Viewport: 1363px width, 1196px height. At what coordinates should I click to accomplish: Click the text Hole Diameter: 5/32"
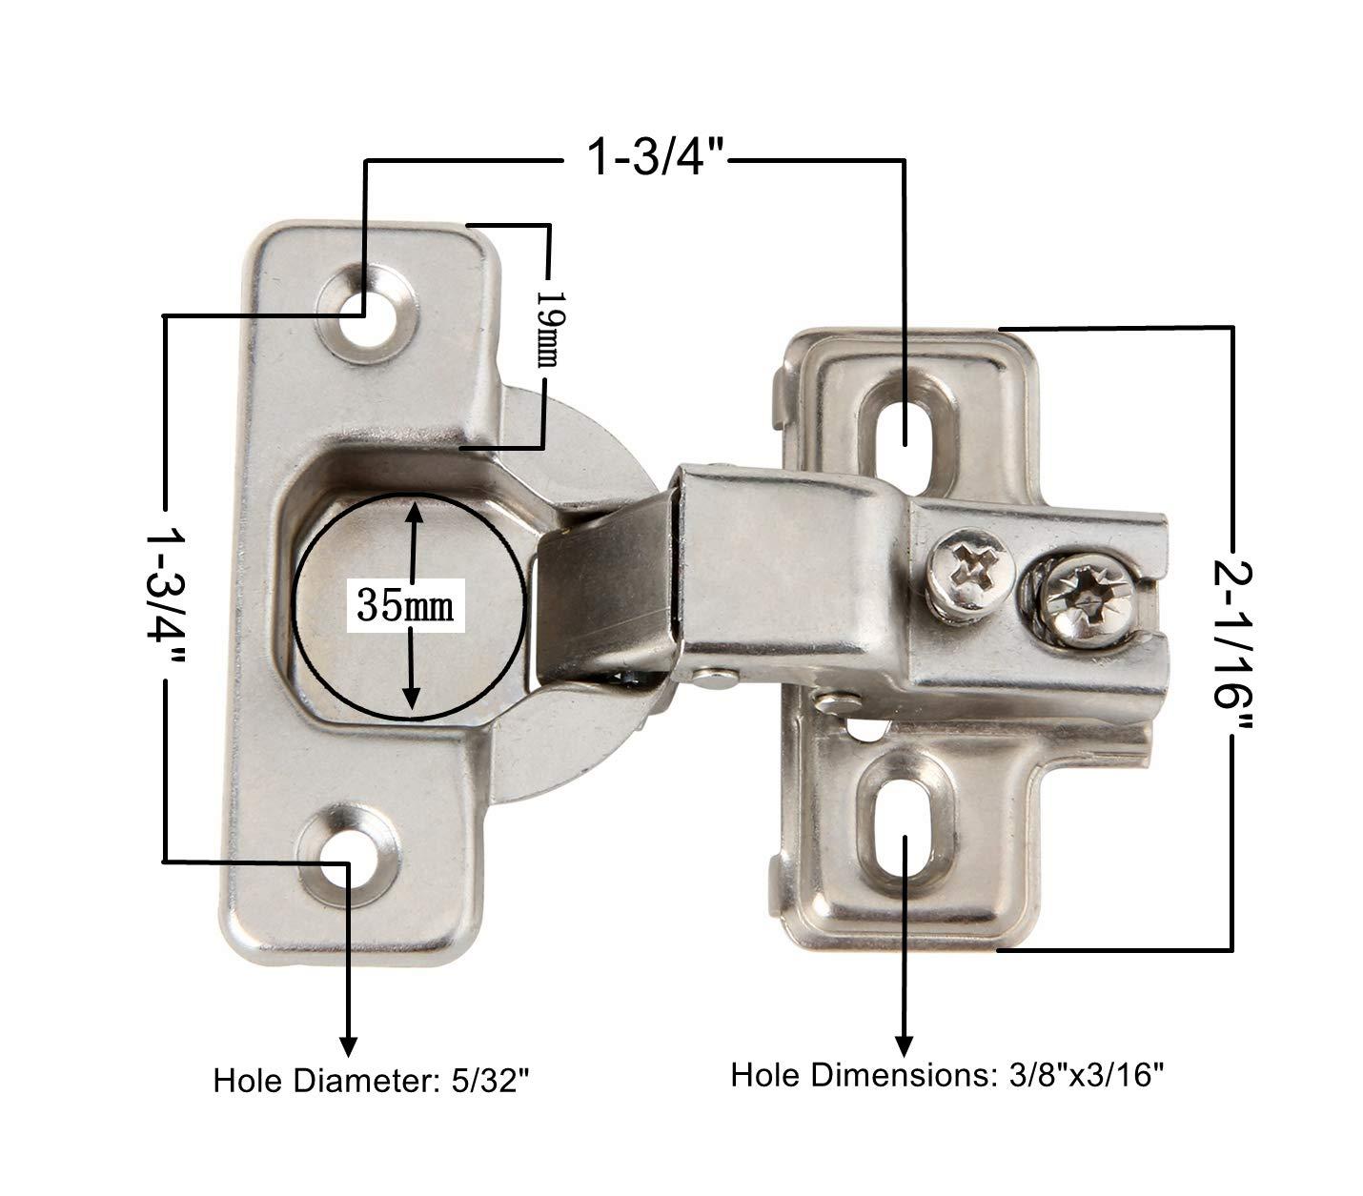point(371,1081)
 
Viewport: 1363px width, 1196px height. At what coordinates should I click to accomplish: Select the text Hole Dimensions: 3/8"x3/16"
point(948,1075)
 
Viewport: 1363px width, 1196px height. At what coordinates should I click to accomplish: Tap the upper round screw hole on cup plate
point(366,315)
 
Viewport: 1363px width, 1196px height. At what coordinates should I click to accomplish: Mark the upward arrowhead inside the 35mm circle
point(412,512)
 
